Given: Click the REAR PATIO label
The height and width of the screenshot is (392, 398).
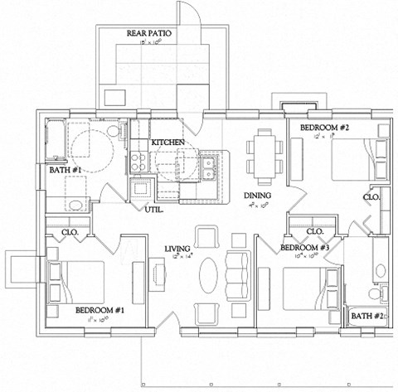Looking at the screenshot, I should tap(148, 34).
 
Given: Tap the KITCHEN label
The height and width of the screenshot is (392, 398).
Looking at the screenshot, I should tap(167, 143).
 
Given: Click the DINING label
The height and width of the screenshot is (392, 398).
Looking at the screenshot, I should tap(257, 196).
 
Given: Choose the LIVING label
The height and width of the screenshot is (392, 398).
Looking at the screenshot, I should tap(177, 248).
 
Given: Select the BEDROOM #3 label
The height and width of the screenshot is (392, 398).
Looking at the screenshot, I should tap(305, 248).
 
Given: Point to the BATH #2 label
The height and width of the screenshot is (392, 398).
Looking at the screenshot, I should tap(366, 316).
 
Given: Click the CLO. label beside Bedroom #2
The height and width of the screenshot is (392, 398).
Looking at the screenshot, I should tap(371, 197).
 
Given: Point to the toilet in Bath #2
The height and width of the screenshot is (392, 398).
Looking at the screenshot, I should tap(375, 293).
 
